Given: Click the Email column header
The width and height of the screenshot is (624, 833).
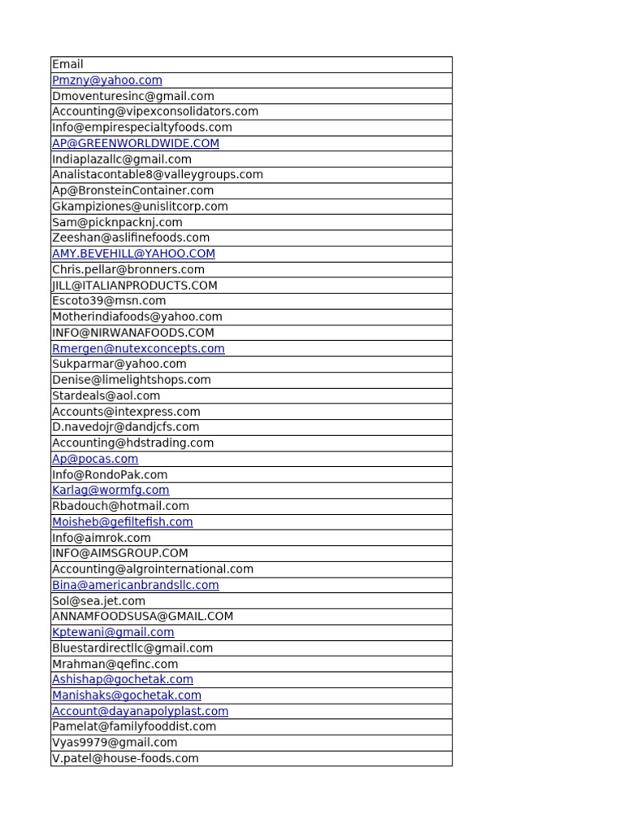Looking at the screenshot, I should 67,64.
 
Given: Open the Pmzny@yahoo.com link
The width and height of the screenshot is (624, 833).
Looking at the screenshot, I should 106,81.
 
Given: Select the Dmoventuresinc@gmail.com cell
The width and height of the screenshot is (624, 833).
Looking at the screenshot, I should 132,96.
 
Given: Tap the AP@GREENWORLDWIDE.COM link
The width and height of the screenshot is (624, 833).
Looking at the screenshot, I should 135,143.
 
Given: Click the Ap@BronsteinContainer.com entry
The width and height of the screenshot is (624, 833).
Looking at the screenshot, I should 132,190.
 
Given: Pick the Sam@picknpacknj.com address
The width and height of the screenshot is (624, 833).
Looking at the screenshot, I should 117,222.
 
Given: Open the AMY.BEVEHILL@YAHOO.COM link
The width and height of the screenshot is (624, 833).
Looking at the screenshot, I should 133,254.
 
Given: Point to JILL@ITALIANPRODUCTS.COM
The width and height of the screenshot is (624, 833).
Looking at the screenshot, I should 134,286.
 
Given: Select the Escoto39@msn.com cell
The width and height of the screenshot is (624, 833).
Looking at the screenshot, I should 109,301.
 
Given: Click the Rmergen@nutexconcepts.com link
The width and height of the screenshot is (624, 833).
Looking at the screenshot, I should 138,348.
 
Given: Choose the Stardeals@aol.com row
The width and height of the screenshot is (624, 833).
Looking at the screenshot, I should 106,395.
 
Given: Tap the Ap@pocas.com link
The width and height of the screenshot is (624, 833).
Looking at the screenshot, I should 95,459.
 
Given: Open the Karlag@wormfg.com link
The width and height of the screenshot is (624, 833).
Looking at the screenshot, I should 110,490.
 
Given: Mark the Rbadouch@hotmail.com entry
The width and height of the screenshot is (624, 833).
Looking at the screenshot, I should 120,506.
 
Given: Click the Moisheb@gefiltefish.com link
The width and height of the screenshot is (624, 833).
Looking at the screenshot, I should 122,521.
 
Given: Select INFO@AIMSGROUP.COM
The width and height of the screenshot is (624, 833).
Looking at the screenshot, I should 119,553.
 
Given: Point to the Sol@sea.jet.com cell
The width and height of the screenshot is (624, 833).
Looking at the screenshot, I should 98,600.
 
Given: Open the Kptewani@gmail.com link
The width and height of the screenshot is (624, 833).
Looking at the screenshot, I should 113,632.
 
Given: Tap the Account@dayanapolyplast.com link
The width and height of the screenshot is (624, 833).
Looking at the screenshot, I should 140,711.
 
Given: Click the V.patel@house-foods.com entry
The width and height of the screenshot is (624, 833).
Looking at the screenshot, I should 125,758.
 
